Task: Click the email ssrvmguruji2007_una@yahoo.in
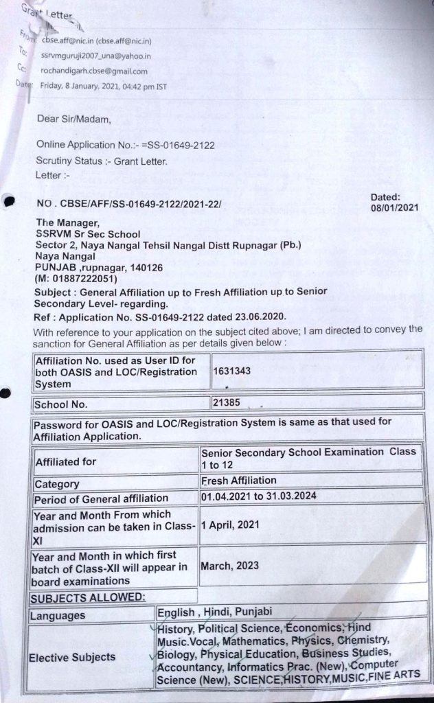click(x=96, y=56)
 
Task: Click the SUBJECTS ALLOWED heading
click(x=87, y=597)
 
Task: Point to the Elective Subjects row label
click(x=72, y=657)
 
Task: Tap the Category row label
click(x=57, y=484)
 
